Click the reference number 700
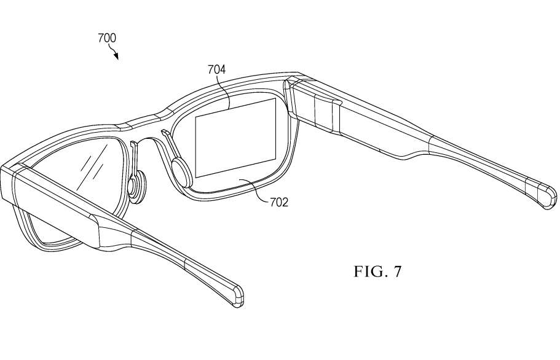point(107,38)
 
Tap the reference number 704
point(217,69)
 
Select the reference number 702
point(279,202)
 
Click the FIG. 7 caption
point(377,272)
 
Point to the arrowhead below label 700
point(116,57)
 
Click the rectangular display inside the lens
point(235,138)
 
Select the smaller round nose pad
point(136,184)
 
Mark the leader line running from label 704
point(229,92)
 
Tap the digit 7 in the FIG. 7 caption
point(396,272)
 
